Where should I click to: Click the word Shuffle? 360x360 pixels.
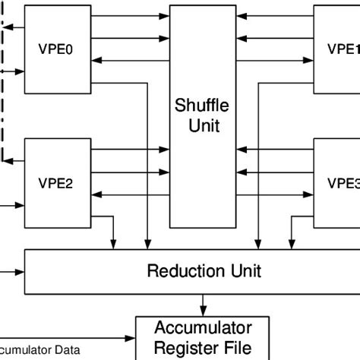(x=203, y=105)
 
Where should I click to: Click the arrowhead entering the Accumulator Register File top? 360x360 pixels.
(x=203, y=310)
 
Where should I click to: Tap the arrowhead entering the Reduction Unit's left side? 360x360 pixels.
(x=22, y=270)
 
